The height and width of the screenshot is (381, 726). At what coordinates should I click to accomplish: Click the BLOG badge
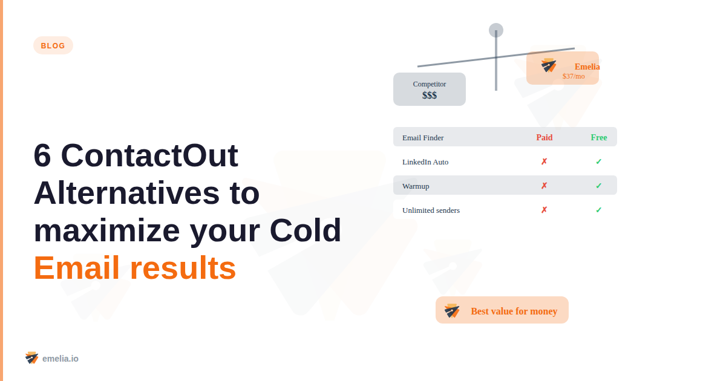coord(53,45)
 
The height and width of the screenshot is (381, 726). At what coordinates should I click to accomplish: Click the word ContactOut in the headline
coord(149,155)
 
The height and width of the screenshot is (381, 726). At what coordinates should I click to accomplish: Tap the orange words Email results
coord(134,268)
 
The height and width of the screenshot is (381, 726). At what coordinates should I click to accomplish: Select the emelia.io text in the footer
coord(60,359)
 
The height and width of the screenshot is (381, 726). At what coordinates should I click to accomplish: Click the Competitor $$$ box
coord(430,90)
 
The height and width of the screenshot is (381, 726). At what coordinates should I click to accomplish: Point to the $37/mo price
coord(574,76)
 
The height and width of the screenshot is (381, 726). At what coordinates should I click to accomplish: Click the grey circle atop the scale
coord(496,30)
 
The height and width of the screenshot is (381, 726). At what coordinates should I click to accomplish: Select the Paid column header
coord(544,137)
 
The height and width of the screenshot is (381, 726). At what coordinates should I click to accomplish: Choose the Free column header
coord(599,137)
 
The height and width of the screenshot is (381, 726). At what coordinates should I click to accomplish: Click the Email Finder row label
coord(423,138)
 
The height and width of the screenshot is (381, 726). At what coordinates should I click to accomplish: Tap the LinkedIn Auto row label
coord(425,162)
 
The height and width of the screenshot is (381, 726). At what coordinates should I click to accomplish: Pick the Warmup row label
coord(416,186)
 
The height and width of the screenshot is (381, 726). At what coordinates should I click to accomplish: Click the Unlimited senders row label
coord(431,210)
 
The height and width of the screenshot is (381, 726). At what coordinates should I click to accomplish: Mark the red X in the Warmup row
coord(544,186)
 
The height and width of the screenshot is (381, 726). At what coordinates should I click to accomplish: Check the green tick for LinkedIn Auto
coord(598,161)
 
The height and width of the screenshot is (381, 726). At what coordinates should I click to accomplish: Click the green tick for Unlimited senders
coord(598,210)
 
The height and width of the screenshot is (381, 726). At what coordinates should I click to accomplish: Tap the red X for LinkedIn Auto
coord(544,161)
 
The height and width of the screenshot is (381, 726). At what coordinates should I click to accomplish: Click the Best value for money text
coord(514,311)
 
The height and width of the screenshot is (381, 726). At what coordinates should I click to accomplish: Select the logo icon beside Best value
coord(452,311)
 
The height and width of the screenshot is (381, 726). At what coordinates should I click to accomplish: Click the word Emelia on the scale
coord(587,67)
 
